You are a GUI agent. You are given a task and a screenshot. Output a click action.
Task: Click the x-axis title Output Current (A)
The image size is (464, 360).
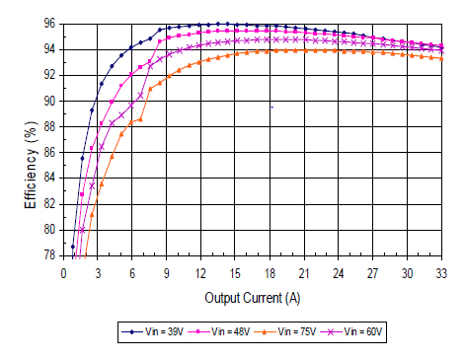(252, 297)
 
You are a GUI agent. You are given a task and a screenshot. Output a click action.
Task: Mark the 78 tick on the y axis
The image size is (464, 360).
(49, 254)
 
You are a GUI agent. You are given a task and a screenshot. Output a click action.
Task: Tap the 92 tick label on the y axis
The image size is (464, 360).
(49, 75)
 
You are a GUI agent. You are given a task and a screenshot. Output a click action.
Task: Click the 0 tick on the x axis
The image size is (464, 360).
(63, 272)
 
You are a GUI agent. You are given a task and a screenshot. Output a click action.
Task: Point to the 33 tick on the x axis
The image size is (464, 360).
(441, 272)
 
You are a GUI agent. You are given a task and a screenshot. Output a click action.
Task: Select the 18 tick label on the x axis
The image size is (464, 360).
(270, 272)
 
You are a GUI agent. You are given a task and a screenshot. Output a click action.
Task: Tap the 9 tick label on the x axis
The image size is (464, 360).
(167, 272)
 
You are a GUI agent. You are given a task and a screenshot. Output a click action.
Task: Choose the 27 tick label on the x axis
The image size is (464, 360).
(373, 272)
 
